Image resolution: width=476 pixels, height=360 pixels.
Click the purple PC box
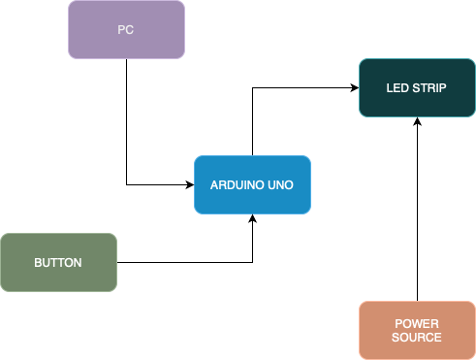126,29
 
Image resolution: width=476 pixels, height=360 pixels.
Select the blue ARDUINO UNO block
252,184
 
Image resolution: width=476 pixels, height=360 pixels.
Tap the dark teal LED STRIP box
417,87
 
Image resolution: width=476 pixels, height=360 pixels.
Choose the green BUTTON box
58,262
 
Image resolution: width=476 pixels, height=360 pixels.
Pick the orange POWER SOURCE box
417,330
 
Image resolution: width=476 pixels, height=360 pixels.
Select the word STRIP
428,88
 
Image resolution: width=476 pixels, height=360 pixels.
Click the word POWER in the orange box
417,323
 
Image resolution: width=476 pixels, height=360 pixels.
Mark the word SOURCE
417,338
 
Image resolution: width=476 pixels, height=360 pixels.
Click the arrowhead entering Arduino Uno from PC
190,184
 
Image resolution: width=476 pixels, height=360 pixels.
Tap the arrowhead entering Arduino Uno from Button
252,218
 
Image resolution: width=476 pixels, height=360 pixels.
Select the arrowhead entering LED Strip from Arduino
355,87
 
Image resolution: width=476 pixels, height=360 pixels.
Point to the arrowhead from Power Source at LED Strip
417,121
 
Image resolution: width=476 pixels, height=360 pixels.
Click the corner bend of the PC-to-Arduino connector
126,184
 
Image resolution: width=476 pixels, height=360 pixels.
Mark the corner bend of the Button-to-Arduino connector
252,262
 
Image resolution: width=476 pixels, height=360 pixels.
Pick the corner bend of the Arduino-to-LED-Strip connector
252,87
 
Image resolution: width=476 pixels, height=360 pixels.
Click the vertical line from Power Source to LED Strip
417,213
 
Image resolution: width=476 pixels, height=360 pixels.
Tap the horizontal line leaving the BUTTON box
184,262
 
